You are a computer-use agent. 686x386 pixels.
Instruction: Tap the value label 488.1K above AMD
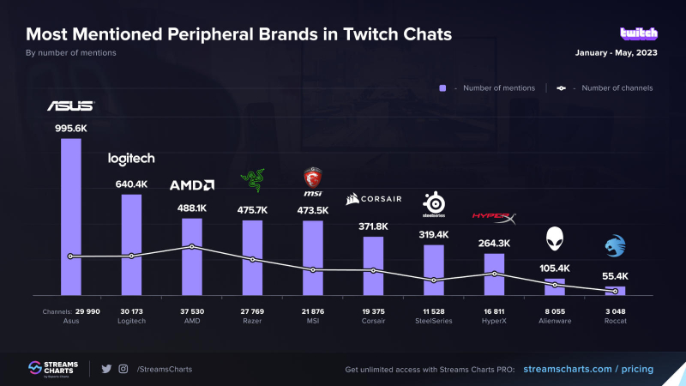(191, 208)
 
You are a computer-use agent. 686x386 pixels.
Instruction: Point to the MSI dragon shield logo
(313, 180)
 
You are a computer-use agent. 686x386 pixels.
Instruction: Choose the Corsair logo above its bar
(374, 200)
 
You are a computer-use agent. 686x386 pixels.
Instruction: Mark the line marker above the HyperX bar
(495, 274)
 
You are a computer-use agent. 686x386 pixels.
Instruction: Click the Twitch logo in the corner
(639, 33)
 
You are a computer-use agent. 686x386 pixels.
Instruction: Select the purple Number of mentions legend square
(442, 87)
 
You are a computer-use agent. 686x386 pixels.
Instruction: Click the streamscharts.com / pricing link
(588, 369)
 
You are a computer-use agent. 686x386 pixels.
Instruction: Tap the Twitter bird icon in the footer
(106, 369)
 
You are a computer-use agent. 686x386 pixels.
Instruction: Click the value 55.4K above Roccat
(616, 276)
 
